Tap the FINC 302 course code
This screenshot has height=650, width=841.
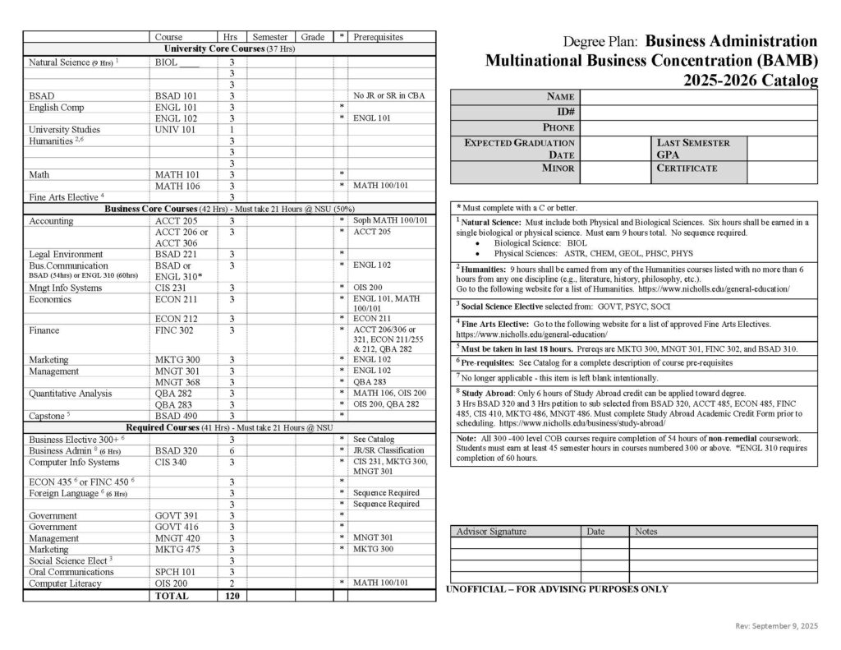pos(172,330)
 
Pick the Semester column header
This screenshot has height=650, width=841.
pos(269,37)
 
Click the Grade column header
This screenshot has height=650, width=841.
pos(312,37)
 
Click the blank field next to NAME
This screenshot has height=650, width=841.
pos(699,97)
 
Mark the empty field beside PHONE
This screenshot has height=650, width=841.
pos(699,127)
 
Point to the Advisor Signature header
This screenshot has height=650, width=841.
pos(491,532)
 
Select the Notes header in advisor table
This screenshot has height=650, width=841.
pos(647,532)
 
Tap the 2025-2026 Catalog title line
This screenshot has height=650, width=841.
pos(750,80)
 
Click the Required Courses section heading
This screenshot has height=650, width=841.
pos(229,427)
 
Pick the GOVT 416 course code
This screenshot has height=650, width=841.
pos(174,527)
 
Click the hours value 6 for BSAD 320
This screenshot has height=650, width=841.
pos(232,450)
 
